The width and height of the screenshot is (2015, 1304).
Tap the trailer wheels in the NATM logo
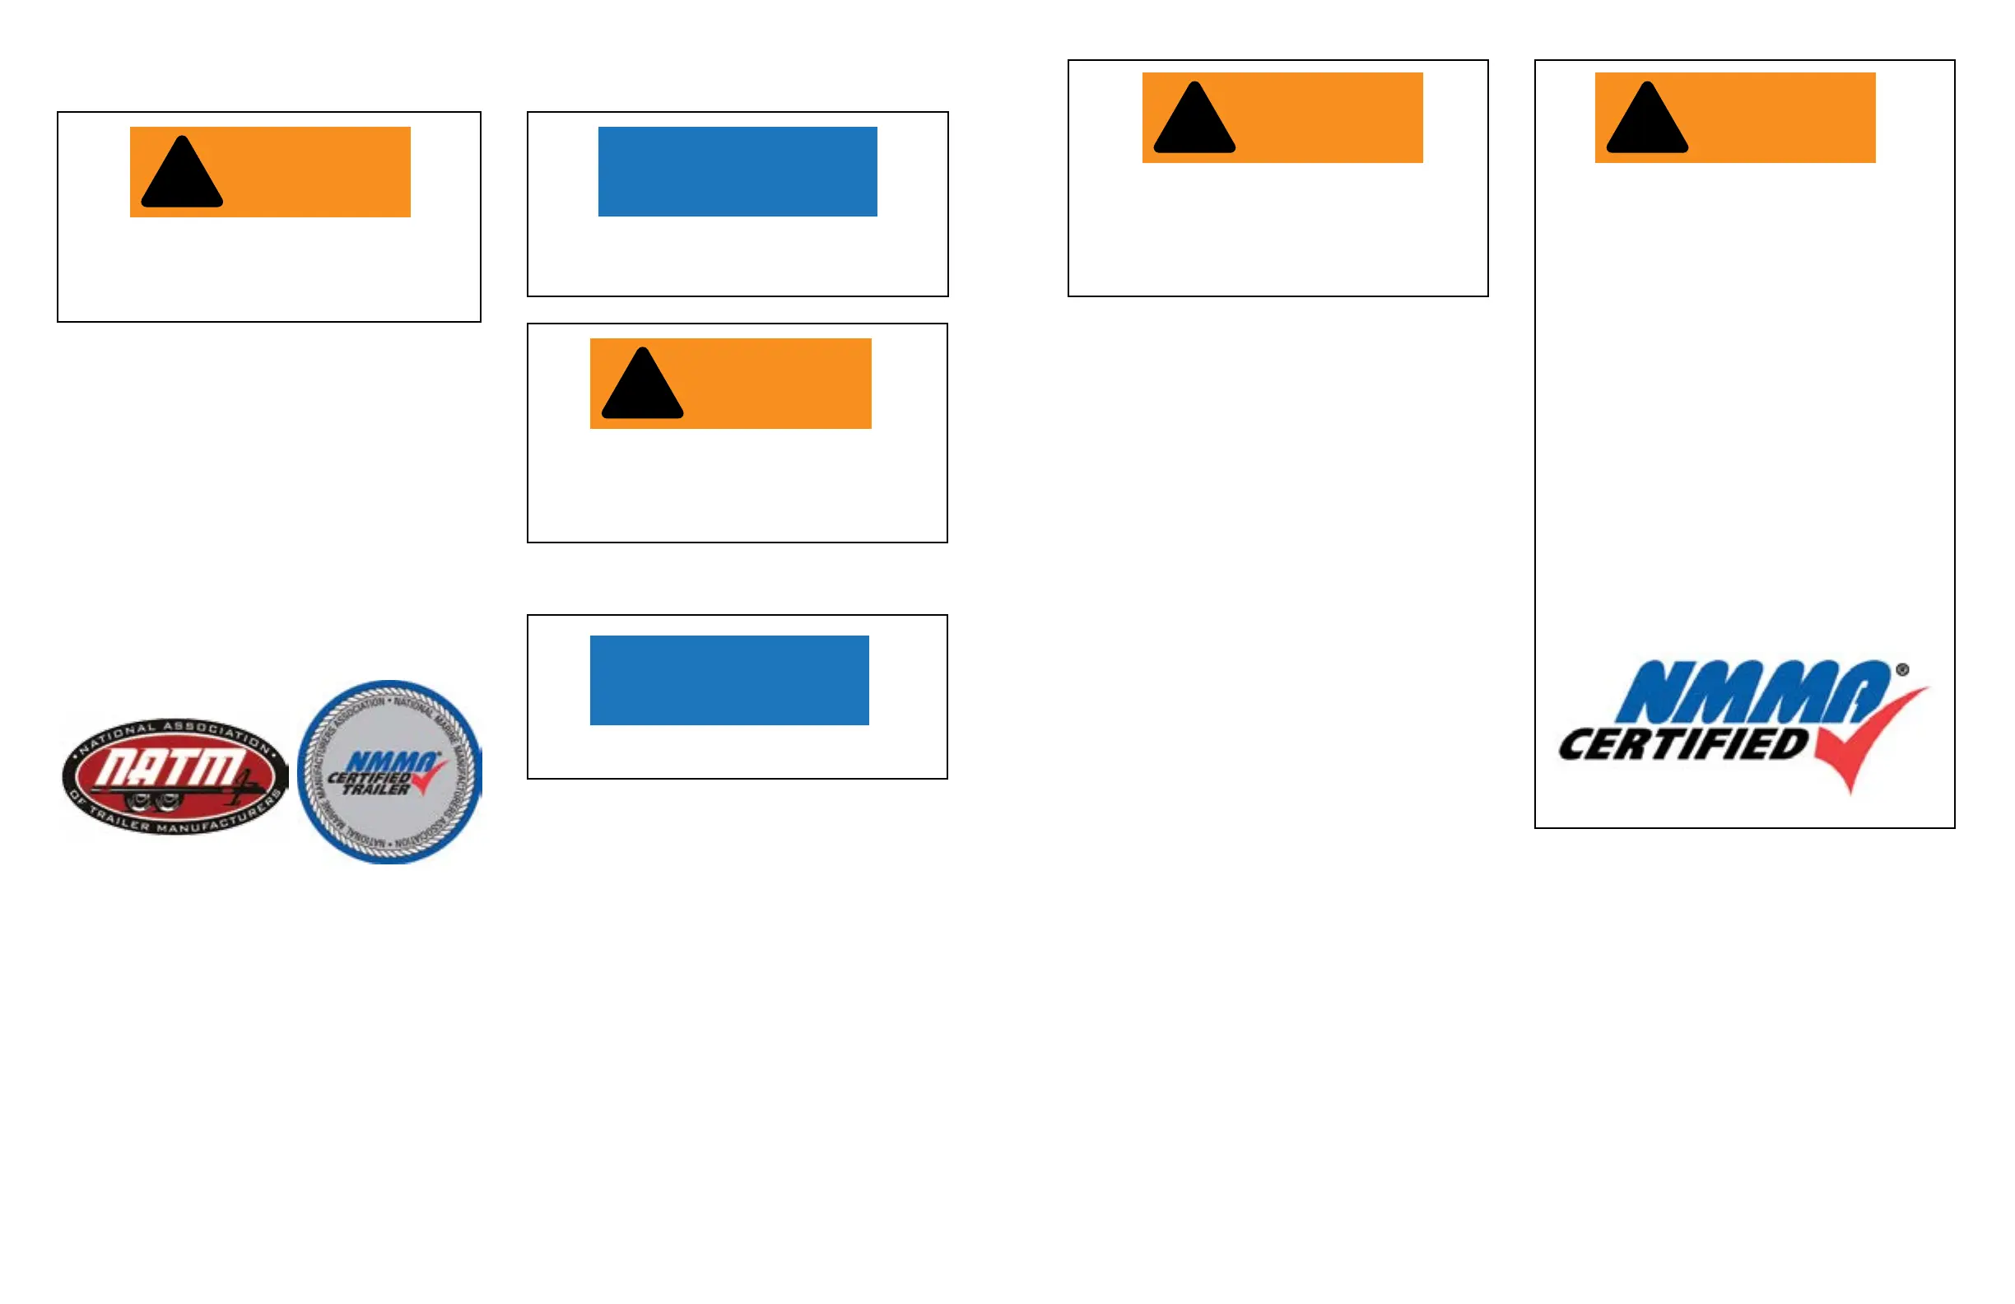152,801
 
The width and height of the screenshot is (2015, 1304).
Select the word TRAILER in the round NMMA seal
376,790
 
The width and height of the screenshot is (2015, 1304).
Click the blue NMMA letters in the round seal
392,762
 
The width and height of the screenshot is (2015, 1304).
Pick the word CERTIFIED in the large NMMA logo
1683,745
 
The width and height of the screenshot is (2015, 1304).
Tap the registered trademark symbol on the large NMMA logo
1902,670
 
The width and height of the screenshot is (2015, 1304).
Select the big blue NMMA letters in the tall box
1752,692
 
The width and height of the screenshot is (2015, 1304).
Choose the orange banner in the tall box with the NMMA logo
1778,117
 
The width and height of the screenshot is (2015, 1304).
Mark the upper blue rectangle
738,172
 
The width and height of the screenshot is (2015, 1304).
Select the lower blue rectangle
729,680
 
